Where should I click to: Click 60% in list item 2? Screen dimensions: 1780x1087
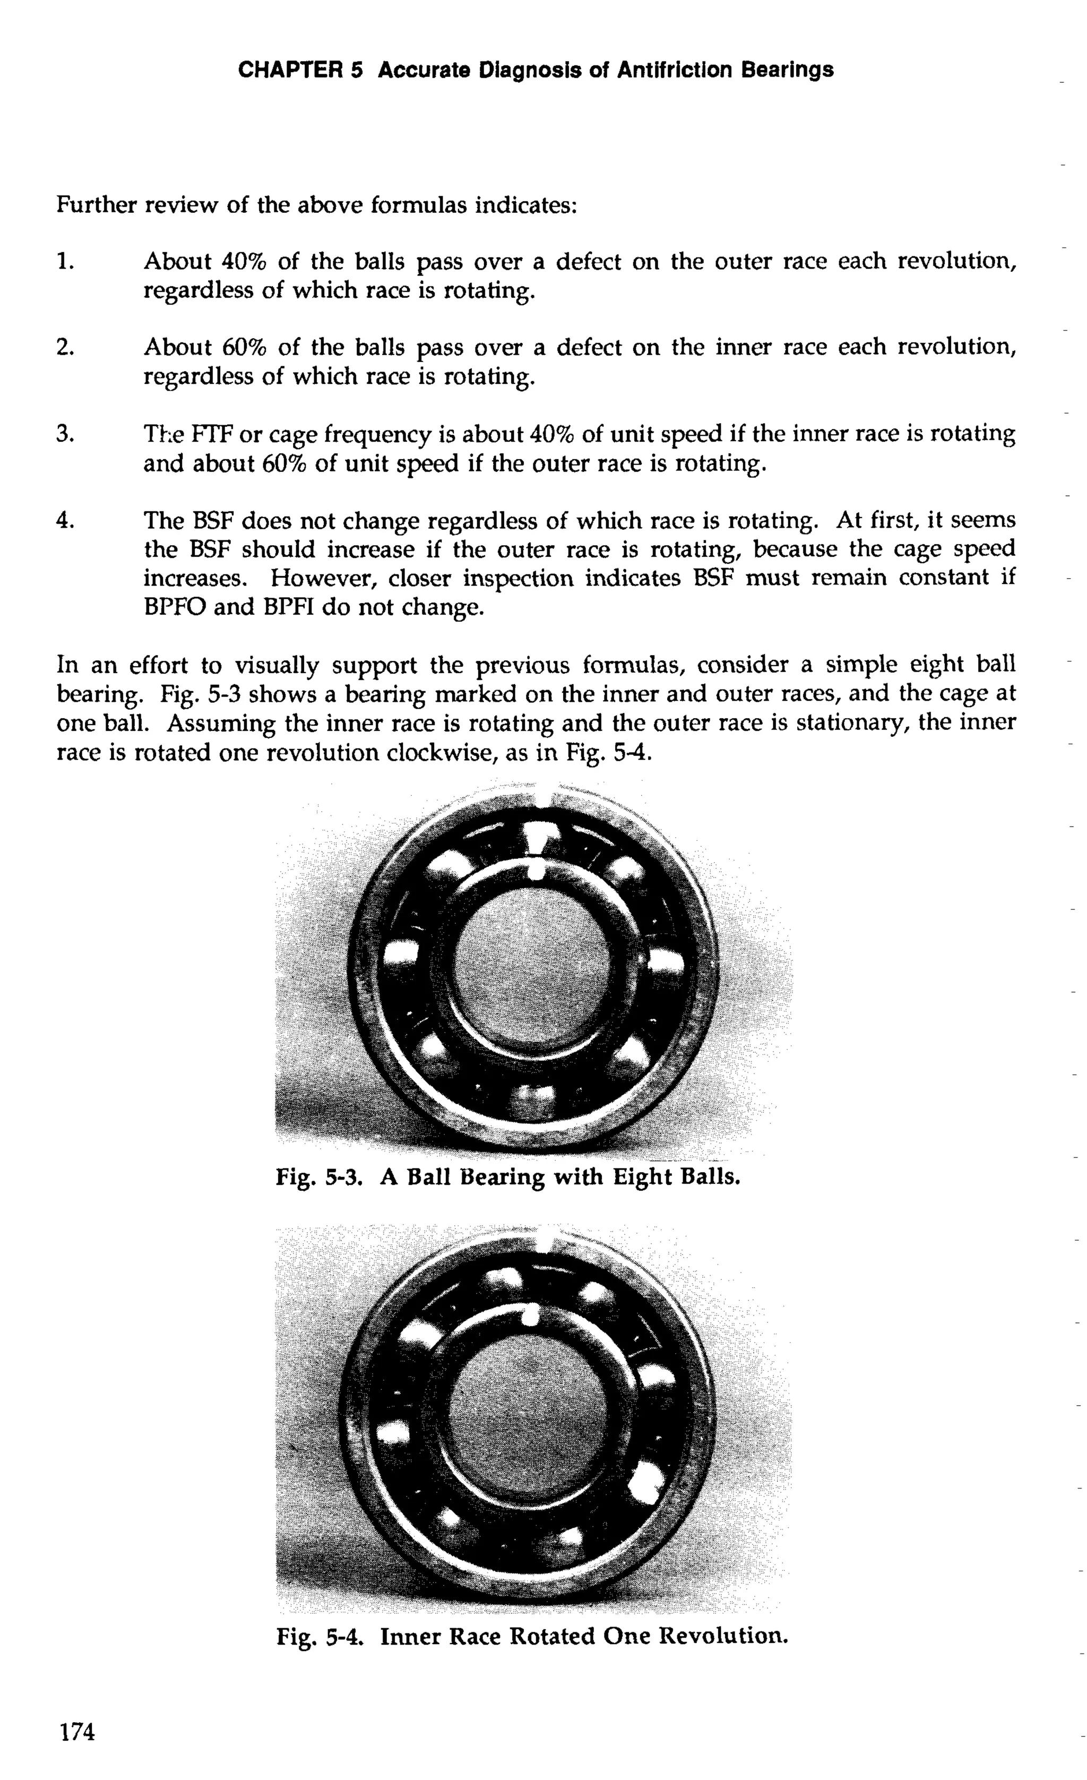tap(243, 348)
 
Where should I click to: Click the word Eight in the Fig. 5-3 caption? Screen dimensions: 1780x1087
tap(641, 1178)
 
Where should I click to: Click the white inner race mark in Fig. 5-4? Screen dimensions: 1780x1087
tap(529, 1316)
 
